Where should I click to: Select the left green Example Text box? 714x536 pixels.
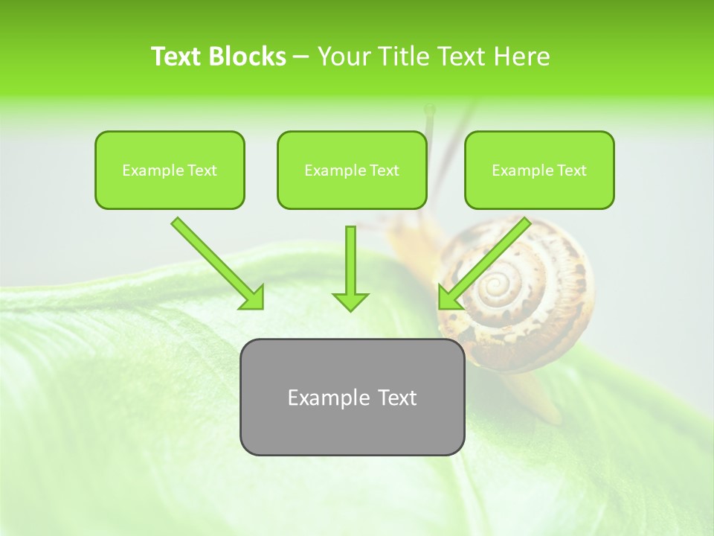[170, 170]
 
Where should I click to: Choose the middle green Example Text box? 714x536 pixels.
[352, 170]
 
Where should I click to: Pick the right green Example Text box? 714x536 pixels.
[539, 170]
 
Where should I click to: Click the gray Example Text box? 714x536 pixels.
[352, 398]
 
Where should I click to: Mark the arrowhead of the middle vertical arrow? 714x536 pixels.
[350, 301]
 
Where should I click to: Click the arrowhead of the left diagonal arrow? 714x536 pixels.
[253, 299]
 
